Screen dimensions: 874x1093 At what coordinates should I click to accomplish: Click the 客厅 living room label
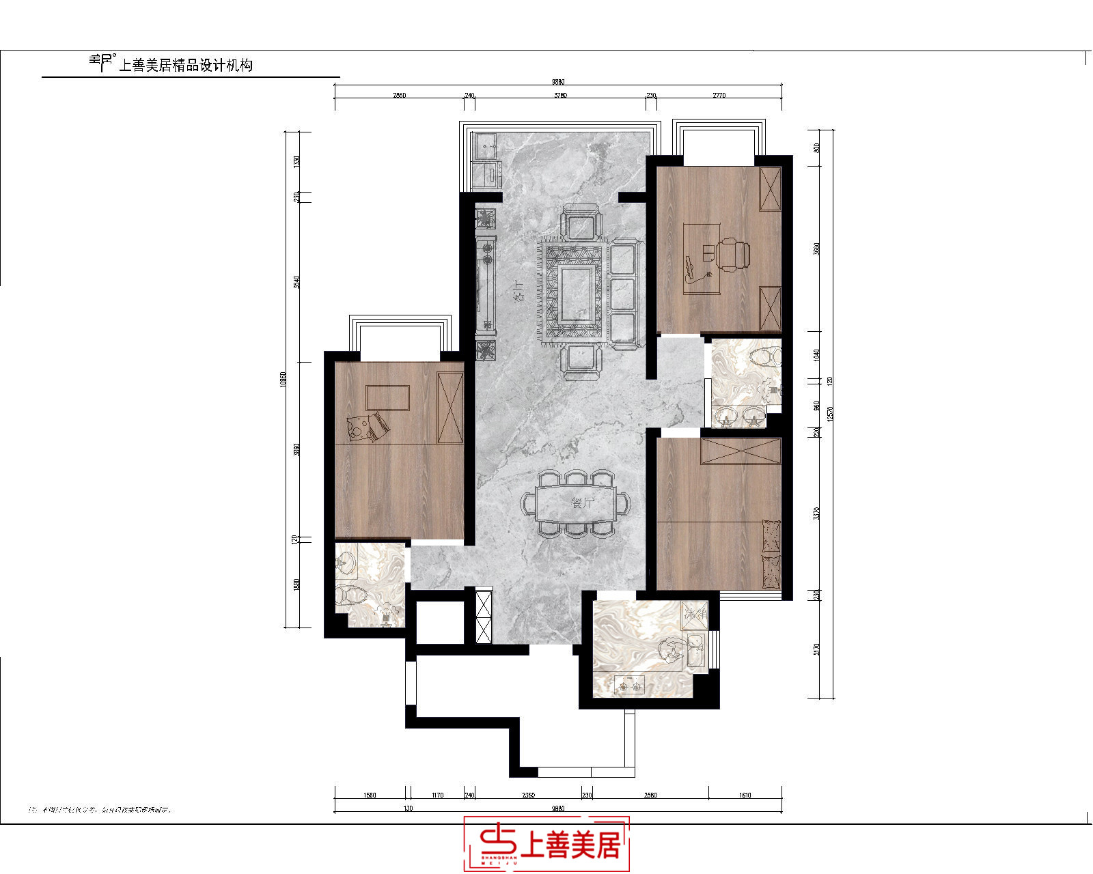click(519, 292)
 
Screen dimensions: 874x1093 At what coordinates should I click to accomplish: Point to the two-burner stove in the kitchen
click(629, 683)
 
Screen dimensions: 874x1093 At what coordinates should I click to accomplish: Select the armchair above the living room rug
click(581, 223)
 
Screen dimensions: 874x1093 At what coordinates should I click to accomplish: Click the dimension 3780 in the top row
click(560, 96)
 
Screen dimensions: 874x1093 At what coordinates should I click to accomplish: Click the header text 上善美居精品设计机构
click(186, 66)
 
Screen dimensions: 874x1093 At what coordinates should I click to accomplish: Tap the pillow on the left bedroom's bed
click(368, 427)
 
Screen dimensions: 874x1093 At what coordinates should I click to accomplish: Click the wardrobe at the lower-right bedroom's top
click(741, 451)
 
